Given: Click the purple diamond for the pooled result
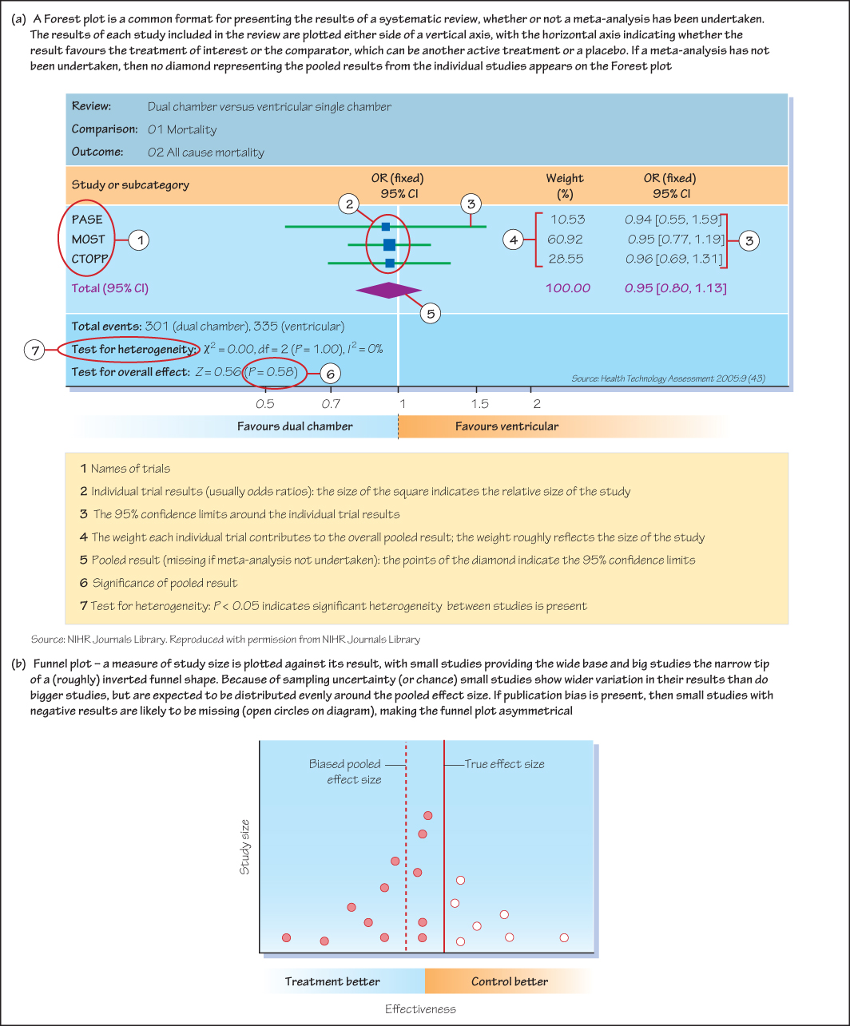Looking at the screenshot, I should (x=388, y=291).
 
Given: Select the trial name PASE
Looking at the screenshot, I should (x=87, y=220).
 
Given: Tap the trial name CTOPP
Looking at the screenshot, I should (x=89, y=259).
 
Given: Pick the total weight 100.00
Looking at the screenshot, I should (x=568, y=288).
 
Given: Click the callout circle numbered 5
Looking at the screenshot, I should (x=431, y=314).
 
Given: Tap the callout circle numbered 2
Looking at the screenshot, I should (x=349, y=204).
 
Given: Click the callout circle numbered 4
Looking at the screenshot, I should (x=514, y=238).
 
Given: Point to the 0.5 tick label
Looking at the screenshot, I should (x=265, y=404).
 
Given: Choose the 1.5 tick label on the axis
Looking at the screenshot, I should (x=481, y=404).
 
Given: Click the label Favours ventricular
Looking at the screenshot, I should (x=507, y=426).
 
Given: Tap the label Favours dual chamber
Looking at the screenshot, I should (x=295, y=426).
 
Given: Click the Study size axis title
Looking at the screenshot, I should (x=246, y=846).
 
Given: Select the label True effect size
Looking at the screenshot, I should (x=504, y=764).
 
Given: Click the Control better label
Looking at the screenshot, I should (x=510, y=981).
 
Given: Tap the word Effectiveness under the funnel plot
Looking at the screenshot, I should (x=420, y=1008).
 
